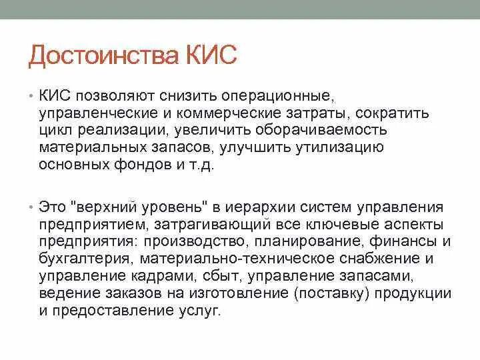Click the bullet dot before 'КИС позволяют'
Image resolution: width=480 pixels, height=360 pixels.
31,97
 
